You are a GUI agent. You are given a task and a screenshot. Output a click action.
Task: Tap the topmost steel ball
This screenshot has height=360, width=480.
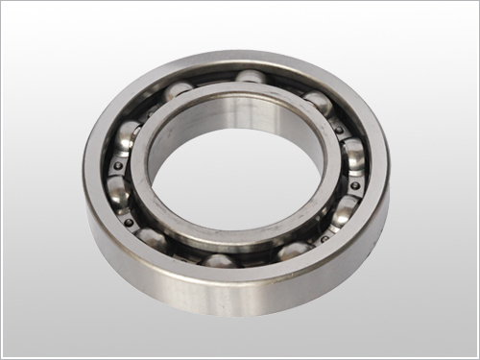coord(251,77)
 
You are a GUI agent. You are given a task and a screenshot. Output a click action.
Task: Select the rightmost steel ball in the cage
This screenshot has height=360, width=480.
coord(354,154)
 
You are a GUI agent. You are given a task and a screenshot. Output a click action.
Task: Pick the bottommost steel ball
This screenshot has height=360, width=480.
coord(219,261)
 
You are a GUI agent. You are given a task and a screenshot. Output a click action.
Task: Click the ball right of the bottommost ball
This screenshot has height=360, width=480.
coord(294,251)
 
